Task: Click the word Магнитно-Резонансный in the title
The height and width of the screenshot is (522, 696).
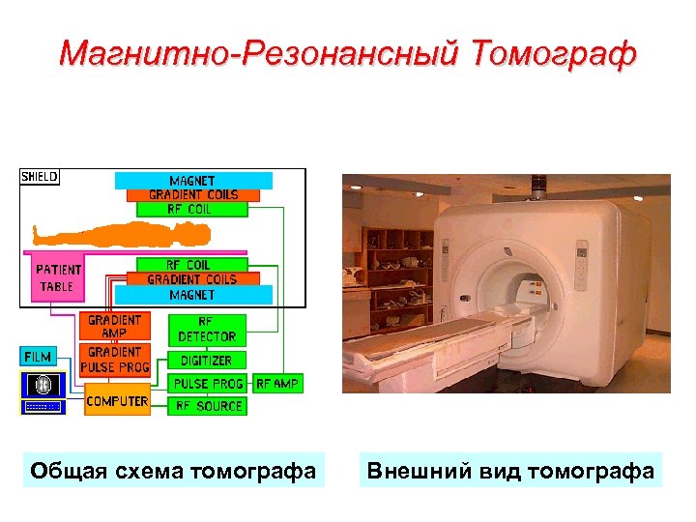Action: click(263, 53)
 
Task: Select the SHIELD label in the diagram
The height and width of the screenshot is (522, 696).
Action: click(40, 177)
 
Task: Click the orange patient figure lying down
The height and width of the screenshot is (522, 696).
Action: click(121, 234)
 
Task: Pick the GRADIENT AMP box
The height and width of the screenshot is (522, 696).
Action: click(114, 327)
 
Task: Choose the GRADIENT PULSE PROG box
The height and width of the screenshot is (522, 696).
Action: click(116, 360)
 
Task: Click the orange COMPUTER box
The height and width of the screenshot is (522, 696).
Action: click(117, 400)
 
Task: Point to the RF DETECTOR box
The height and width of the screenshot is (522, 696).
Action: click(207, 330)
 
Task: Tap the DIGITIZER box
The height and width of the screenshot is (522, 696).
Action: click(207, 361)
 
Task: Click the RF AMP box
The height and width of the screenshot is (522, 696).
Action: click(277, 384)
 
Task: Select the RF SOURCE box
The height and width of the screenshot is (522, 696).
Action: click(208, 406)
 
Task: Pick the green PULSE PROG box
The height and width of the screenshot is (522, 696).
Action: click(208, 384)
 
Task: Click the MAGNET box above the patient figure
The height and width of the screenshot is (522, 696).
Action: click(193, 181)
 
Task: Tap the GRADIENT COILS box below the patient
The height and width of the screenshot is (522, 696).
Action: click(191, 279)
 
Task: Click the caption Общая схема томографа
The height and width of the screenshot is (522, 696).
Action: click(173, 471)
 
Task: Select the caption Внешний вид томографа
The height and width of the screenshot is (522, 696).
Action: click(510, 471)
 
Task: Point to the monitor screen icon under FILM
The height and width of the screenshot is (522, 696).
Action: click(42, 384)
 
